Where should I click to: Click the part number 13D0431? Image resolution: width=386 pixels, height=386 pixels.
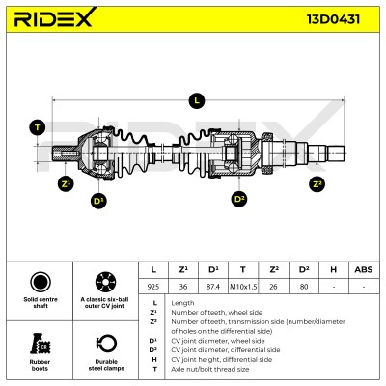tap(333, 19)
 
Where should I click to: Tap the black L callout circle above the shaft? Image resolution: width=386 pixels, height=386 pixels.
tap(197, 101)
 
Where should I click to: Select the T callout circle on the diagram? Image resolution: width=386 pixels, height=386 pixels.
tap(38, 127)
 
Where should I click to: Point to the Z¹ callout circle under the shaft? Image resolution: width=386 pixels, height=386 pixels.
tap(66, 184)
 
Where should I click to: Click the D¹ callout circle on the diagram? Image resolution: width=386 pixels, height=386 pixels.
tap(98, 201)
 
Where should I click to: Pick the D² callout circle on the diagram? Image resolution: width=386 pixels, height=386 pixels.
tap(239, 199)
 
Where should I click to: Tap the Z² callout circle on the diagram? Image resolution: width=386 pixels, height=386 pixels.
tap(317, 184)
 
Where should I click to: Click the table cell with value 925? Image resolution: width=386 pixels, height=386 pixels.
tap(153, 286)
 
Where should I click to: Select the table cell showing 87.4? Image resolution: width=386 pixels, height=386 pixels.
tap(213, 286)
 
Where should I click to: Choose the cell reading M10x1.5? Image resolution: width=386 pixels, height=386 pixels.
tap(243, 286)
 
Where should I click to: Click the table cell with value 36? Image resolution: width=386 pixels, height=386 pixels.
tap(183, 286)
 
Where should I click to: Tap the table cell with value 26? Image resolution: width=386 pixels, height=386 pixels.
tap(273, 286)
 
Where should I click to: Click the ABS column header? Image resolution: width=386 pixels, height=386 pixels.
tap(364, 269)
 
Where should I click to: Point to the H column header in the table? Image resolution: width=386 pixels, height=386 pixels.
tap(334, 269)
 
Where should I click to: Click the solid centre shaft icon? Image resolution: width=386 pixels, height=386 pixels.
tap(41, 282)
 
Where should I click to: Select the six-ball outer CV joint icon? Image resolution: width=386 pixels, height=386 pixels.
tap(106, 282)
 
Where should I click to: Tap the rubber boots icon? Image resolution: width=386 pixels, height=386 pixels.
tap(40, 344)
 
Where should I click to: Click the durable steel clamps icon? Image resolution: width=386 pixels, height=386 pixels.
tap(106, 344)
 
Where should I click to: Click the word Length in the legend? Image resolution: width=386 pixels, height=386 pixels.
tap(182, 303)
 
